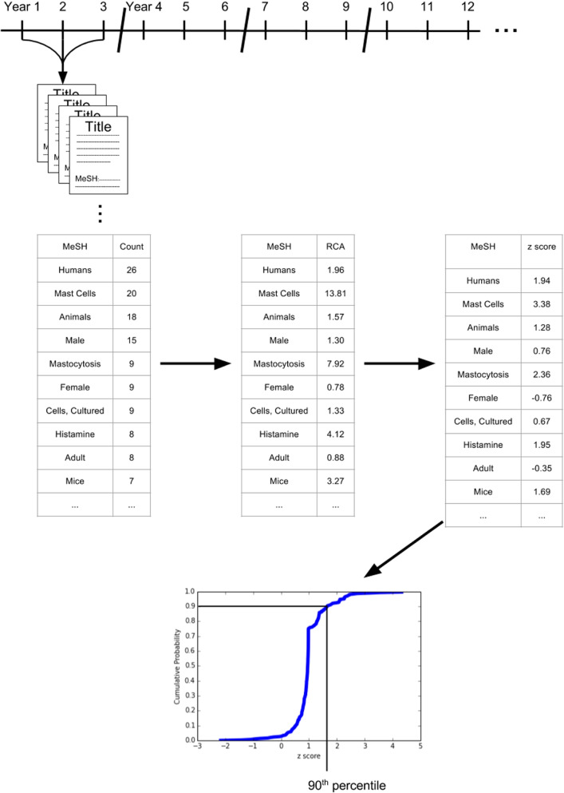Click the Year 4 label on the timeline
144,7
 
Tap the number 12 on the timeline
467,7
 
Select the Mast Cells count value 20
131,294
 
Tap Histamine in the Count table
75,438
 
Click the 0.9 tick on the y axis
189,606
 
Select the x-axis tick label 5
420,748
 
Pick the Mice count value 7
131,486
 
